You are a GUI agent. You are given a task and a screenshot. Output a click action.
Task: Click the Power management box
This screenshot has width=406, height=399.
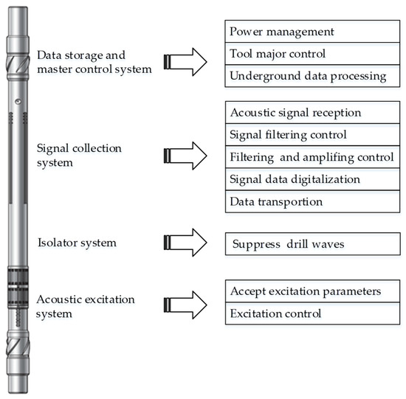pos(306,32)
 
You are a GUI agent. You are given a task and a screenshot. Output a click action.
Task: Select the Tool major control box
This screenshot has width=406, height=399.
pos(306,54)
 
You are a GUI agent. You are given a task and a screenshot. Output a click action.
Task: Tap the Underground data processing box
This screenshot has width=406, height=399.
pos(306,76)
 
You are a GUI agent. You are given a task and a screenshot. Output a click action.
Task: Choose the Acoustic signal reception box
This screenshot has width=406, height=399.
pos(306,113)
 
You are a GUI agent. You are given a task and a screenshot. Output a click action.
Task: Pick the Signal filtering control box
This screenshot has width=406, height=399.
pos(306,135)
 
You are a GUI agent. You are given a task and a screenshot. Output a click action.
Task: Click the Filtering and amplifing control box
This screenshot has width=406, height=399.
pos(306,157)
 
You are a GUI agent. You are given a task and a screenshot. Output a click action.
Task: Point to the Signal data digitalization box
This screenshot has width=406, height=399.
pos(306,179)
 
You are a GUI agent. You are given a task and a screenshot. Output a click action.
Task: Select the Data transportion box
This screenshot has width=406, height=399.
pos(306,201)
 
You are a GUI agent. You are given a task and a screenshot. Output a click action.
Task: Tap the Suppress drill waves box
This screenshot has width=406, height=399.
pos(306,243)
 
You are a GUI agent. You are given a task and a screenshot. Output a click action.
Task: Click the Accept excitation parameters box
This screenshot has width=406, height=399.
pos(306,291)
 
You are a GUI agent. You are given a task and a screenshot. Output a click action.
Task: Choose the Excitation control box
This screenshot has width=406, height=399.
pos(306,313)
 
